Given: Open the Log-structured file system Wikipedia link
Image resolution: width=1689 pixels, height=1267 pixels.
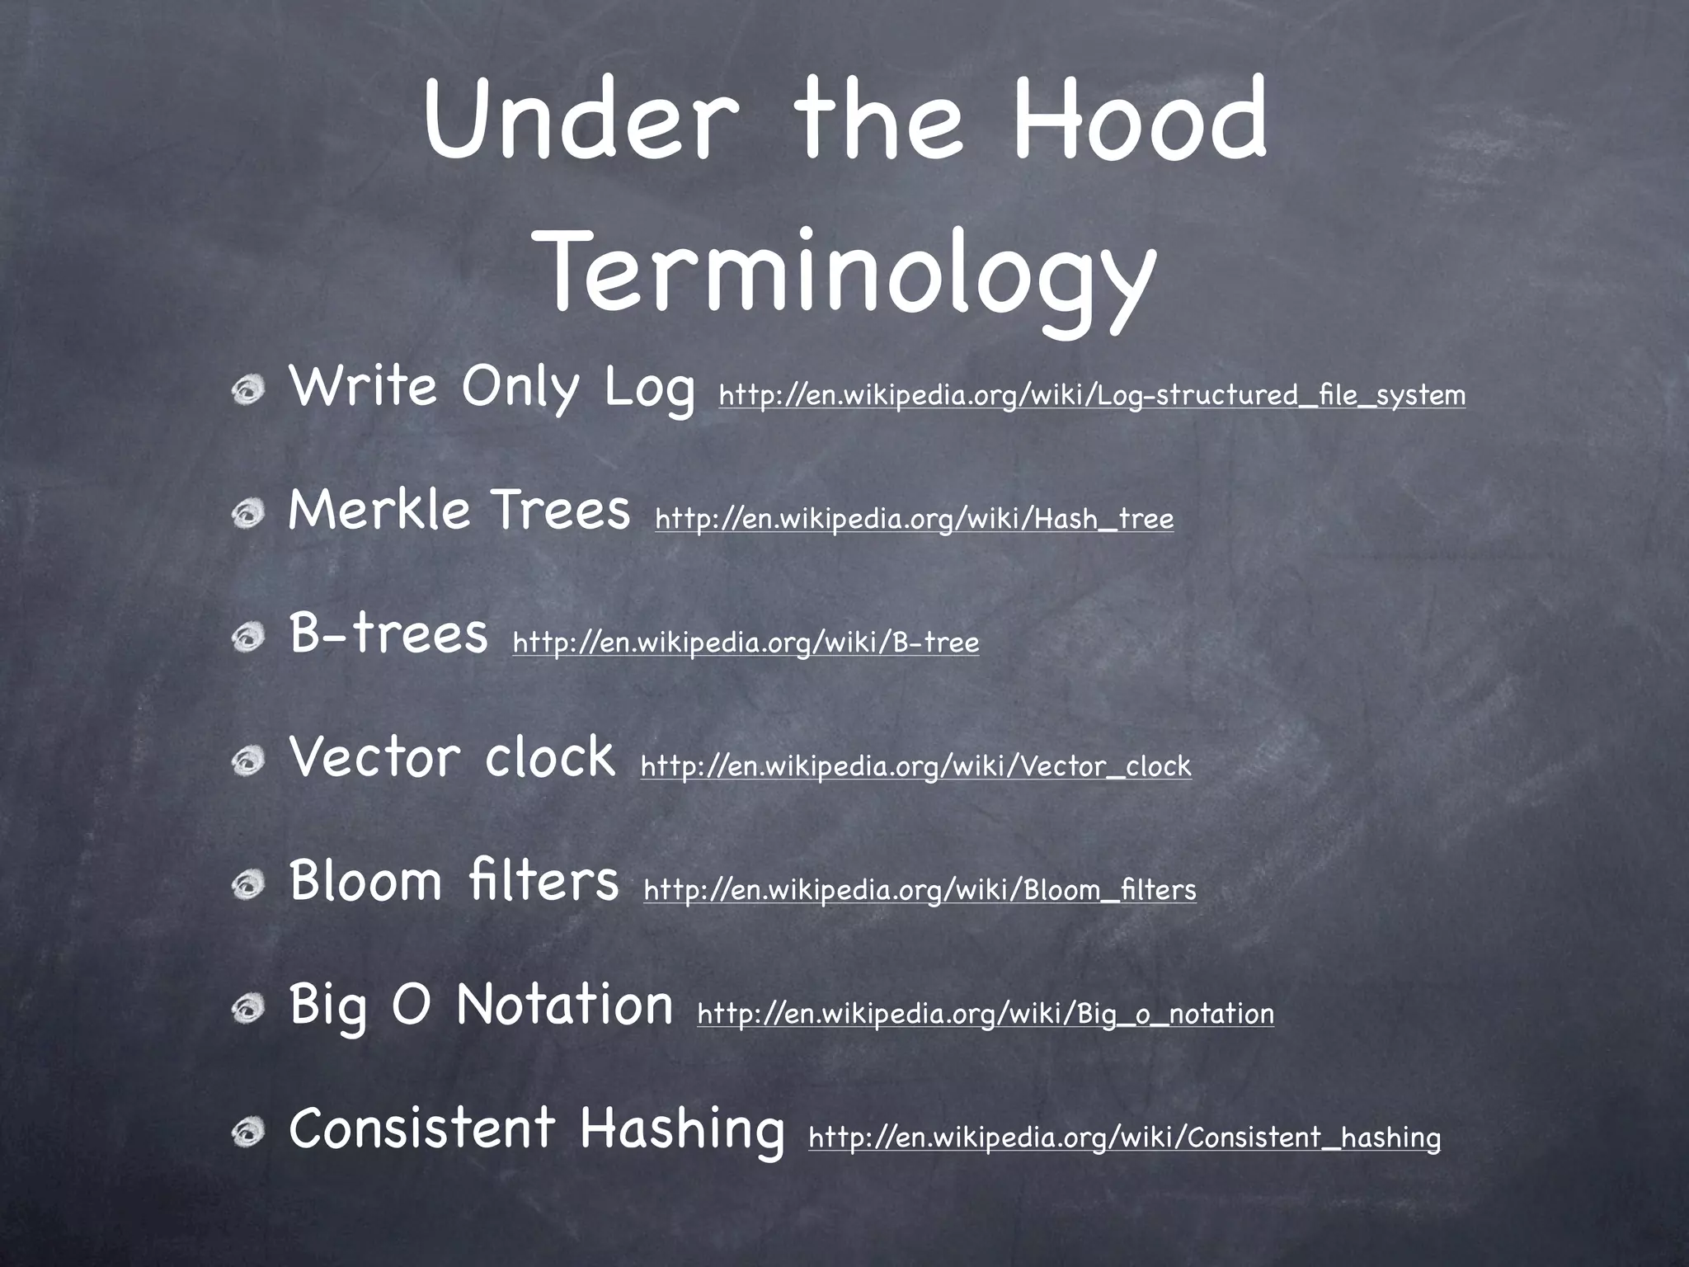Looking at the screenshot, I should pos(1092,396).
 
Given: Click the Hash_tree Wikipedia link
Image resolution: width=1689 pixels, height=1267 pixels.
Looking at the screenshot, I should pos(914,520).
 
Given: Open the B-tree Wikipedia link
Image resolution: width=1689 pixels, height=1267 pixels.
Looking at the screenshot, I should pos(746,643).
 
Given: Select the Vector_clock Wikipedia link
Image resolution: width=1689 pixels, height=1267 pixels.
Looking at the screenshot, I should pos(915,766).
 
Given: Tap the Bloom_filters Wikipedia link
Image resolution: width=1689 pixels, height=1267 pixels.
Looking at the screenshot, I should pos(920,890).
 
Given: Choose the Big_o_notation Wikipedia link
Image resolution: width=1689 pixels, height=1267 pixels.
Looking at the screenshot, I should pos(986,1014).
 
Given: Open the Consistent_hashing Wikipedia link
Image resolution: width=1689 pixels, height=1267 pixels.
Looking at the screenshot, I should pos(1124,1137).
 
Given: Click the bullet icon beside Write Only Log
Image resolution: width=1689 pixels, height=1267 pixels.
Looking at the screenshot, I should pos(247,391).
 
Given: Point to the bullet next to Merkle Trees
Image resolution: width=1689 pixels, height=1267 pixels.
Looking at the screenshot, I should pos(247,515).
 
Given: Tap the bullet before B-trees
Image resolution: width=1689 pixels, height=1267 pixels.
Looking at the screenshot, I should pos(247,638).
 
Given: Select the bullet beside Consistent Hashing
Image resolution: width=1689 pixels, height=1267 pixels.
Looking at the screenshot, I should pos(247,1133).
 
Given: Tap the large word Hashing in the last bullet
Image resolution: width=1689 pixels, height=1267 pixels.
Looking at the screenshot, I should pos(681,1130).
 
